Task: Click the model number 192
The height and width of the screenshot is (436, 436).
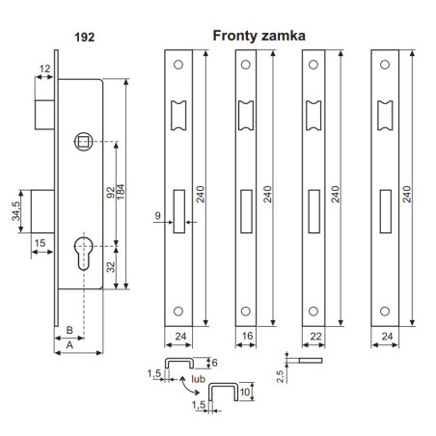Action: (x=84, y=40)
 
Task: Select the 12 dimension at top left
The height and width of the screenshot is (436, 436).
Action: (x=45, y=68)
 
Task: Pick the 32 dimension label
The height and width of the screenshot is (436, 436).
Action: (x=112, y=267)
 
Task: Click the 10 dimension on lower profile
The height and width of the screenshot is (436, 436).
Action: (x=247, y=394)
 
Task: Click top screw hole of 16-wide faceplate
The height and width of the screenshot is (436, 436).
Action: (x=246, y=66)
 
